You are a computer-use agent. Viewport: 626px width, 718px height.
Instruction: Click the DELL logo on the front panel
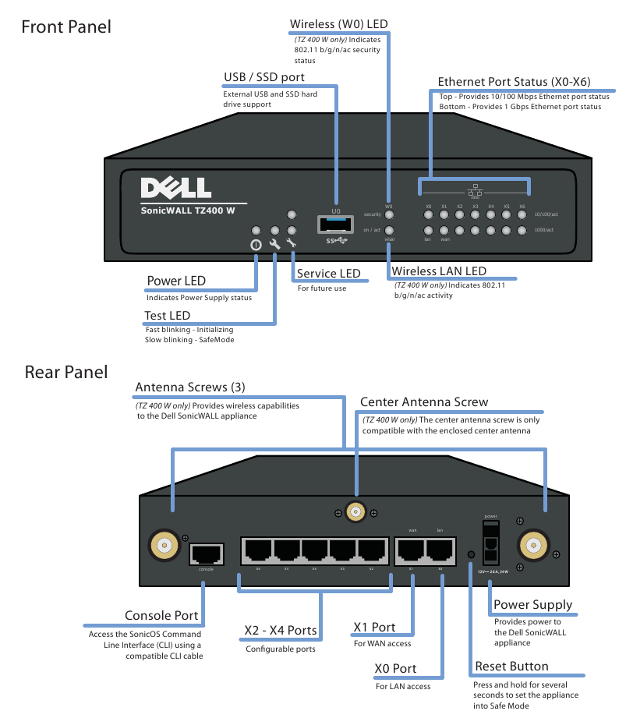[175, 188]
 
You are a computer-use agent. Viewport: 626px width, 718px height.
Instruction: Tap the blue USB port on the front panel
[335, 225]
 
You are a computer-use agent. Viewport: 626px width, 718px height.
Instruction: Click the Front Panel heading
[66, 27]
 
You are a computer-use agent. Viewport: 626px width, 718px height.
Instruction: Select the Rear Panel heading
[66, 372]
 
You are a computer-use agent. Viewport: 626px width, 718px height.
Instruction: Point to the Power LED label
[176, 281]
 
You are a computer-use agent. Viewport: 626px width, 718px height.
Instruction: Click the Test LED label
[168, 316]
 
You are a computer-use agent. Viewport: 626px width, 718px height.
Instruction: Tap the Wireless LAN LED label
[439, 271]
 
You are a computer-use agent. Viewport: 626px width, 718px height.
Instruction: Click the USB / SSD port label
[264, 77]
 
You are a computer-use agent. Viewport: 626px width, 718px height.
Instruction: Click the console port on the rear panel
[206, 554]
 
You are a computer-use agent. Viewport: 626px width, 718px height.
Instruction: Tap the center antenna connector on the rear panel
[356, 512]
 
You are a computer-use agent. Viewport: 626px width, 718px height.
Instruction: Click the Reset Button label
[511, 667]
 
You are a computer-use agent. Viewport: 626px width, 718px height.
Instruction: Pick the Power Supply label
[533, 605]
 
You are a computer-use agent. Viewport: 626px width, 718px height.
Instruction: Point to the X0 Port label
[396, 669]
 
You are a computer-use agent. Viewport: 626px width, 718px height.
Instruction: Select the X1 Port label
[374, 628]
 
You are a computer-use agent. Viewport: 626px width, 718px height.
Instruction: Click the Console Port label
[161, 616]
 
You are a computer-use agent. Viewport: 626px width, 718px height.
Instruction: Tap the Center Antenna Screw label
[424, 402]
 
